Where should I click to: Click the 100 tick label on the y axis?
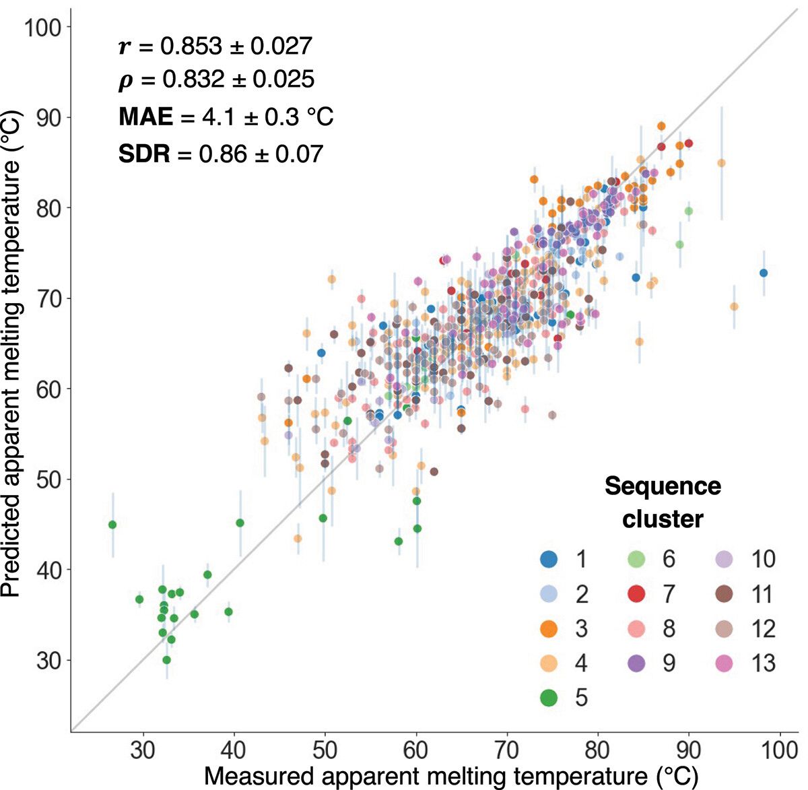pyautogui.click(x=42, y=28)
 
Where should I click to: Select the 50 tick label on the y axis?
pyautogui.click(x=47, y=480)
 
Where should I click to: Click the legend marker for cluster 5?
pyautogui.click(x=549, y=697)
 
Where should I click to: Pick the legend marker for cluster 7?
pyautogui.click(x=636, y=594)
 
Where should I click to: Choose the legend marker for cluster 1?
pyautogui.click(x=549, y=559)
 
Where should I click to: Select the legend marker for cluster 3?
pyautogui.click(x=549, y=629)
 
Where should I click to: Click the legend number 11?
pyautogui.click(x=763, y=594)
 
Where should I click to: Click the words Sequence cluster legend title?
pyautogui.click(x=663, y=502)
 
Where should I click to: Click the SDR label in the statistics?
pyautogui.click(x=144, y=154)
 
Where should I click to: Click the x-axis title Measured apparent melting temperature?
pyautogui.click(x=450, y=776)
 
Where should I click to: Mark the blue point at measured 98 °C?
pyautogui.click(x=763, y=273)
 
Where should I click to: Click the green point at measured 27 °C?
pyautogui.click(x=112, y=525)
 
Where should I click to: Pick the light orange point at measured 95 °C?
pyautogui.click(x=734, y=306)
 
